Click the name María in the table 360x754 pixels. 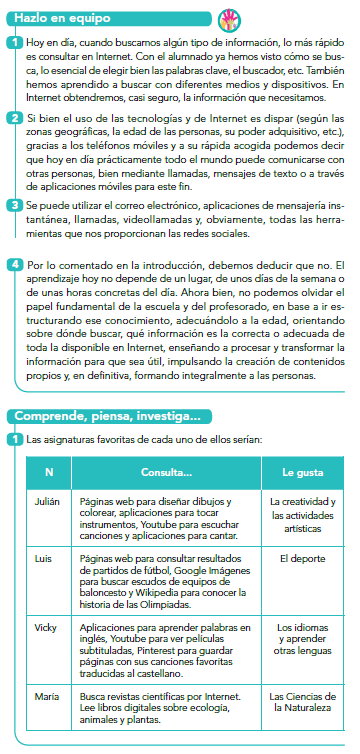[x=37, y=693]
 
